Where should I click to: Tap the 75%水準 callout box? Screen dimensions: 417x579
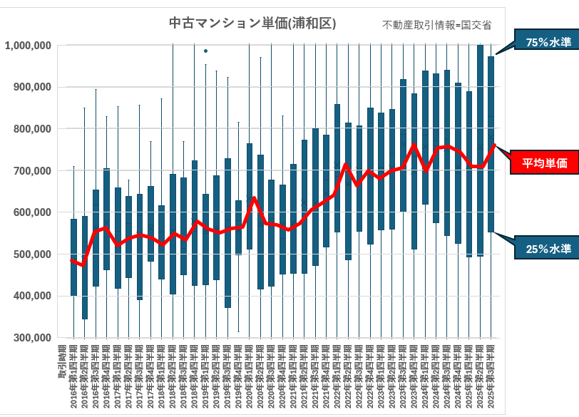coord(543,42)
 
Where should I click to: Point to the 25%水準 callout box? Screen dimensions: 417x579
coord(543,249)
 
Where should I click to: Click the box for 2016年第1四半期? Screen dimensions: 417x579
coord(73,257)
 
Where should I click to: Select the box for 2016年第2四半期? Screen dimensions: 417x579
coord(85,267)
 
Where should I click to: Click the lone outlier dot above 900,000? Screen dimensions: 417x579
coord(206,51)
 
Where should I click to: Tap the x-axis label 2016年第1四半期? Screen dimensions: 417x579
coord(73,372)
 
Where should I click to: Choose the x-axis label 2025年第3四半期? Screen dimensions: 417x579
coord(491,372)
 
